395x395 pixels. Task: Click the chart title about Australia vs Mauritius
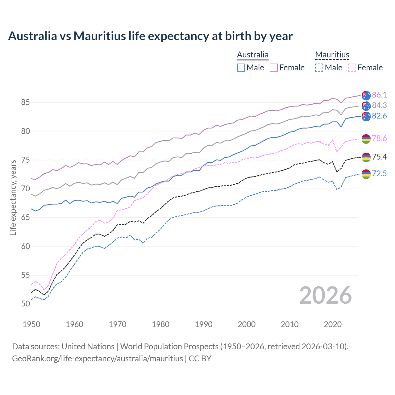coord(150,36)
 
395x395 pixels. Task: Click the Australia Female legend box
coord(274,68)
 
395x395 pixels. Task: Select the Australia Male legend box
coord(241,68)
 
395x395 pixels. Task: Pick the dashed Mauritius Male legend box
coord(319,68)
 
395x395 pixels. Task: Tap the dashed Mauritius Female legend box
coord(352,68)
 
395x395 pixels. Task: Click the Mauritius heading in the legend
coord(332,55)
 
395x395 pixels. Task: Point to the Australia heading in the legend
coord(253,55)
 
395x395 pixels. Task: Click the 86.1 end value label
coord(379,95)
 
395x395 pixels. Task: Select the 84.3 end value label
coord(379,105)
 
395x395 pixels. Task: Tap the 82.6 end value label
coord(379,116)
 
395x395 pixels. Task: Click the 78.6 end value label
coord(379,138)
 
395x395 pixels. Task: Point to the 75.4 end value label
coord(379,157)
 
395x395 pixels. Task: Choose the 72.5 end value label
coord(379,173)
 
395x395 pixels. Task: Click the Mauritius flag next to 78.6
coord(366,139)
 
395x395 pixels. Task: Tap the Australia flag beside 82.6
coord(366,116)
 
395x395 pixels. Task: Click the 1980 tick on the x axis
coord(160,324)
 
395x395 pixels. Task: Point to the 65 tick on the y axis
coord(26,218)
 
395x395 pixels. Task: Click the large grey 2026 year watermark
coord(326,295)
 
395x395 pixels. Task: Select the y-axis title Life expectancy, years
coord(13,197)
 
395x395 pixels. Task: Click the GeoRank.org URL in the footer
coord(98,359)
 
